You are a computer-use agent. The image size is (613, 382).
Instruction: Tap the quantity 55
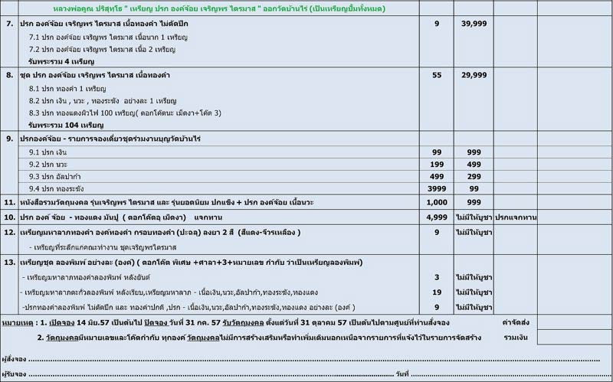(x=437, y=77)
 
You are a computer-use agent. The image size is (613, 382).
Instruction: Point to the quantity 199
(x=437, y=164)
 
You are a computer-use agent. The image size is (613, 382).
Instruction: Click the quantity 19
(x=437, y=292)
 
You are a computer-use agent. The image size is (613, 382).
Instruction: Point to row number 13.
(x=10, y=263)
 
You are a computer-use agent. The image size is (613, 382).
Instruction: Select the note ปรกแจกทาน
(x=515, y=217)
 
